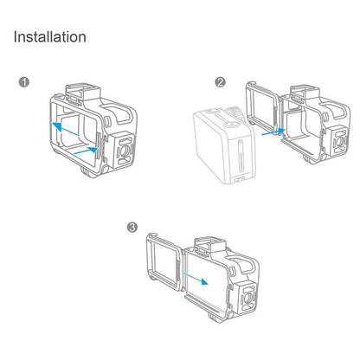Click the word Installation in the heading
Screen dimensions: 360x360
(x=49, y=37)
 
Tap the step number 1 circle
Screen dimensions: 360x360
(x=24, y=83)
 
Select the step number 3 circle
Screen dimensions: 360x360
(x=132, y=227)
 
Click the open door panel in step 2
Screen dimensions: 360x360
(x=262, y=109)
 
